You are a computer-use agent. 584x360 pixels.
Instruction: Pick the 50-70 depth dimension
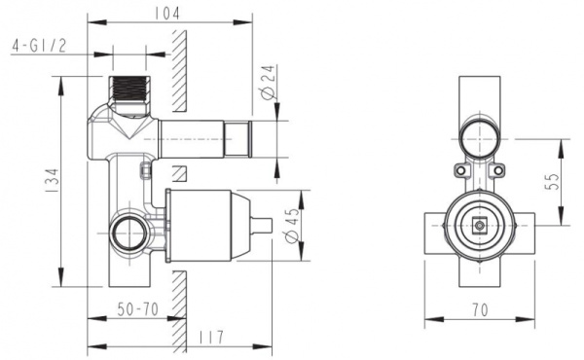click(136, 309)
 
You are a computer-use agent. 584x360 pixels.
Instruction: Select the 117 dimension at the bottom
click(206, 338)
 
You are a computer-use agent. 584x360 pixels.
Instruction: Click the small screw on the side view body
click(146, 172)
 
